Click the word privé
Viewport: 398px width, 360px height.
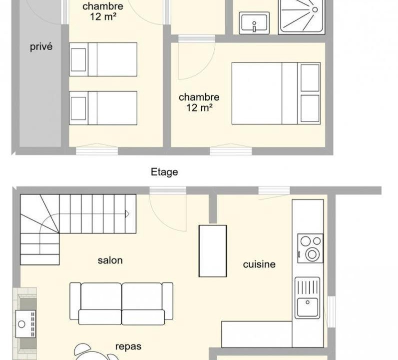click(x=41, y=46)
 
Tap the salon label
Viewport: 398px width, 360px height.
click(x=110, y=260)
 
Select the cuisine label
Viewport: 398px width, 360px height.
click(x=259, y=264)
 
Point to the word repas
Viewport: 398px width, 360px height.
click(x=128, y=346)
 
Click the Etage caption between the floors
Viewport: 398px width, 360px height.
click(x=164, y=172)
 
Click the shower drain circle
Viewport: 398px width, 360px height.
click(x=315, y=9)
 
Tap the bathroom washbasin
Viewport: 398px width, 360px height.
click(x=254, y=23)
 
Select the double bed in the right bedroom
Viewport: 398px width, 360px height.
click(x=276, y=93)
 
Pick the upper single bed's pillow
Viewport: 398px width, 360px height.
click(x=78, y=59)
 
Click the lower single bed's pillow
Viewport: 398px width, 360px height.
click(x=78, y=108)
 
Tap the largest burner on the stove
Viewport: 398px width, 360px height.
click(x=312, y=254)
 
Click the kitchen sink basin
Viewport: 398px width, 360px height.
click(x=308, y=307)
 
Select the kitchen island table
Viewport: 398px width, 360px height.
click(x=213, y=251)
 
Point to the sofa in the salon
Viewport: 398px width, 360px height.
click(x=121, y=303)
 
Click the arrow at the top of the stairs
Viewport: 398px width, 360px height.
click(x=127, y=214)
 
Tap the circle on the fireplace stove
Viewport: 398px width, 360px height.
click(x=21, y=324)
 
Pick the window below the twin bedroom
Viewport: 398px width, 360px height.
click(x=97, y=151)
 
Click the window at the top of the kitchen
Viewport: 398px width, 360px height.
click(x=274, y=190)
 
